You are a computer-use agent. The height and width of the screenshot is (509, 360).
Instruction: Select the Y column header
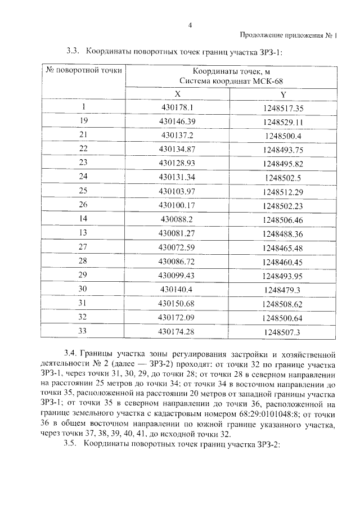[283, 94]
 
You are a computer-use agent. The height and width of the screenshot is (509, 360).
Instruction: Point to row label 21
[84, 135]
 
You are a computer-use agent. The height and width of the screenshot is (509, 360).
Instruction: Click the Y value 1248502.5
[283, 177]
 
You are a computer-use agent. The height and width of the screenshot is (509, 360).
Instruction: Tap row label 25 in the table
[84, 191]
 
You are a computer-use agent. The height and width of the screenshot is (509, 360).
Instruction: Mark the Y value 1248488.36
[283, 233]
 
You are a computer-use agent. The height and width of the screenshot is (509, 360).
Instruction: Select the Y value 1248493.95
[283, 276]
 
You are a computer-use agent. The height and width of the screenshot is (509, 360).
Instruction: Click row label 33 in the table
[84, 331]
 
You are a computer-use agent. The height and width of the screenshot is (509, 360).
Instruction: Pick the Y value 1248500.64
[283, 318]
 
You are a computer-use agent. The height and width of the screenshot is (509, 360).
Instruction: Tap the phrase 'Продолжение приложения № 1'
[287, 35]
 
